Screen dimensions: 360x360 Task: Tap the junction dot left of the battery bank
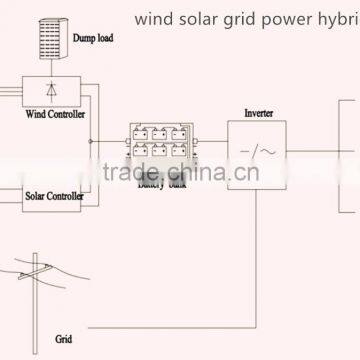(x=92, y=141)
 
